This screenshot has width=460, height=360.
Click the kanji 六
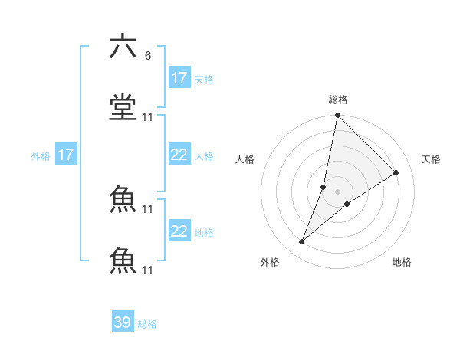coord(123,47)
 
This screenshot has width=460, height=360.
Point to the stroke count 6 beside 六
coord(147,56)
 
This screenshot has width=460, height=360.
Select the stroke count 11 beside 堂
coord(148,117)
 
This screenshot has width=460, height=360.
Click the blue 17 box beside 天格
coord(179,78)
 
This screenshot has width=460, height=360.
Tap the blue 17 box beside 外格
coord(66,155)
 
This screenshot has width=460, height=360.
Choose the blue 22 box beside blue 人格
coord(179,155)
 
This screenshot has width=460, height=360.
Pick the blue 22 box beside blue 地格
coord(179,231)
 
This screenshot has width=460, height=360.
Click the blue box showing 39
coord(123,322)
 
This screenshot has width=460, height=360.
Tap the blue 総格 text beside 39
coord(147,324)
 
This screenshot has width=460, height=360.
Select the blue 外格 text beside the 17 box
coord(41,155)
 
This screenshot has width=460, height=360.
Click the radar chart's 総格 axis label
coord(337,100)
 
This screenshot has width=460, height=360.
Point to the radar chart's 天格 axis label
coord(431,159)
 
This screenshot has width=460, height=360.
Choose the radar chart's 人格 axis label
coord(245,159)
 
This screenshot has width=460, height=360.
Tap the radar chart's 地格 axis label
coord(402,262)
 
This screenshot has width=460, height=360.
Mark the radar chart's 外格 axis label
coord(270,262)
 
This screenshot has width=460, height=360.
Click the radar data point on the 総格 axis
coord(337,116)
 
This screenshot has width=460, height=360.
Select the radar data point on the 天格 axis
coord(396,172)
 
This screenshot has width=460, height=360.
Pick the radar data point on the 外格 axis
coord(302,242)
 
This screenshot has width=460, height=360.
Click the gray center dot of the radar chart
coord(337,191)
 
